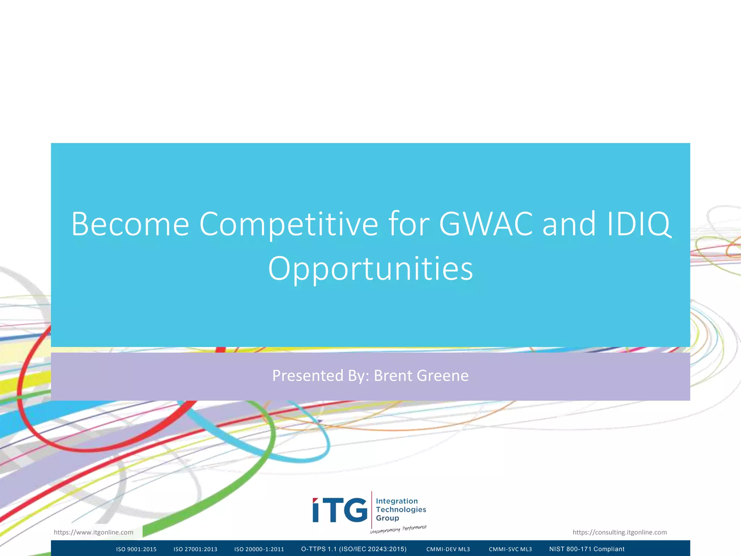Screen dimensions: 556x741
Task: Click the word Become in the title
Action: coord(130,224)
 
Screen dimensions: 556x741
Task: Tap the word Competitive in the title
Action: coord(288,224)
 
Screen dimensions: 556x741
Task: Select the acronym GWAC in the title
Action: coord(486,224)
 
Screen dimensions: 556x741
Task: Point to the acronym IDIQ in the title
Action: coord(638,224)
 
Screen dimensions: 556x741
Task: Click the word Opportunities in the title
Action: coord(370,269)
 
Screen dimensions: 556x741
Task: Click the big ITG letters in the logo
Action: coord(340,510)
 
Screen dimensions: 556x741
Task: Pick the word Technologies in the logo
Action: coord(401,510)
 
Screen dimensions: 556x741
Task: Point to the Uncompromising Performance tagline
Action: coord(398,529)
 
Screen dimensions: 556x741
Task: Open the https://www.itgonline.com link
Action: coord(93,532)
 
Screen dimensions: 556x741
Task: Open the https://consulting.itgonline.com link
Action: coord(619,532)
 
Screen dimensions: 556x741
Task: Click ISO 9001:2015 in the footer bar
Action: coord(136,549)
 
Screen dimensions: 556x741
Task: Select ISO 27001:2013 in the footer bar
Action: coord(195,549)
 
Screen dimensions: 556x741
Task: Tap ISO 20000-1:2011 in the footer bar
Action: coord(259,549)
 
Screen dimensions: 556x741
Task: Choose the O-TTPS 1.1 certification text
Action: coord(353,549)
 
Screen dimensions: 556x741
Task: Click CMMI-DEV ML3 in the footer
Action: coord(448,549)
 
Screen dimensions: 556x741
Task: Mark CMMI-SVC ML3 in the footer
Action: coord(510,549)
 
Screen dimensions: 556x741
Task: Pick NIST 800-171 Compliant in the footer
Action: coord(587,549)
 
